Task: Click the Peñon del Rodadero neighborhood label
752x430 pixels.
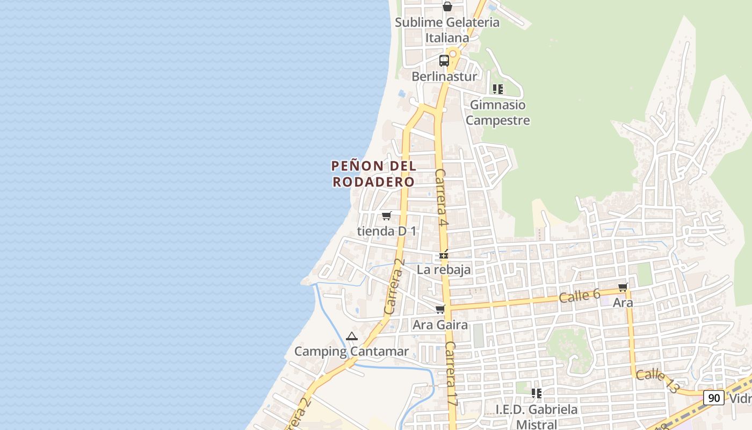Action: click(374, 174)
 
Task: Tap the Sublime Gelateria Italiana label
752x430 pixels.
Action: click(447, 30)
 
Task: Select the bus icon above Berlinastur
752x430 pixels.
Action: click(444, 60)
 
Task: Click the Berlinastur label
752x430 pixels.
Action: click(444, 76)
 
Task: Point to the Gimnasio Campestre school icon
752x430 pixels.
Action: click(498, 89)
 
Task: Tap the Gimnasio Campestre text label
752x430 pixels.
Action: click(497, 112)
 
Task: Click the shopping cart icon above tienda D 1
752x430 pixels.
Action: click(386, 216)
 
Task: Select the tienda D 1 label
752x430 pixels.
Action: click(387, 231)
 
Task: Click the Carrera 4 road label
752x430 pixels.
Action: click(441, 197)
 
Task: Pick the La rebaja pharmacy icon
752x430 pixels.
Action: click(444, 255)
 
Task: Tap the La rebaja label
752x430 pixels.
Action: click(444, 269)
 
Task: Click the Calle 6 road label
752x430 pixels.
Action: click(579, 295)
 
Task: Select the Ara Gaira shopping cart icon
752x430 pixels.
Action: click(440, 310)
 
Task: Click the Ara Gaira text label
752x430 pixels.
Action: click(440, 325)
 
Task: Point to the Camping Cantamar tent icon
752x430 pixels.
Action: click(352, 336)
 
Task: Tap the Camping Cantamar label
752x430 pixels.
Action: click(351, 352)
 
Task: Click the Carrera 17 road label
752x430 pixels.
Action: click(451, 373)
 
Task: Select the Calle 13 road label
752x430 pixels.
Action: click(657, 382)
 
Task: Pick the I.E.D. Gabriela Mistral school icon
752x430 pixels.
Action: click(536, 393)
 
